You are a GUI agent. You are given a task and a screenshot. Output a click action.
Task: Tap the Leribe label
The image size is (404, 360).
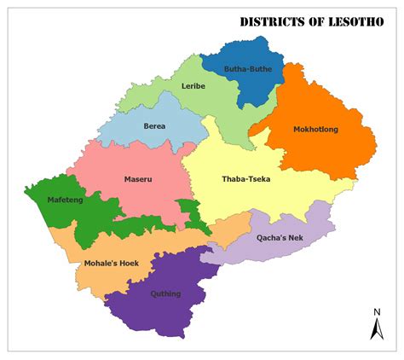point(193,86)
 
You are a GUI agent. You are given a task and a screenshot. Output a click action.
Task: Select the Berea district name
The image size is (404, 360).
point(154,126)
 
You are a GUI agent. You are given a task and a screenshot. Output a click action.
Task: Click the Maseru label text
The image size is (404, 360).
point(137,180)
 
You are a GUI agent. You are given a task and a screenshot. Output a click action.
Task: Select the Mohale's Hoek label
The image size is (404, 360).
point(111,264)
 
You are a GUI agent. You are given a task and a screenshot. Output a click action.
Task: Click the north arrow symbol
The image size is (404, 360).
point(375,328)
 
